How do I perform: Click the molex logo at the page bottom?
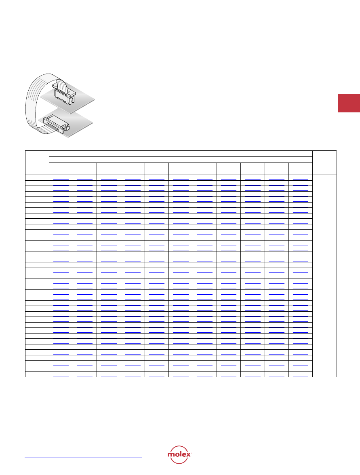179,454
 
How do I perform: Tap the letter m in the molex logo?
171,454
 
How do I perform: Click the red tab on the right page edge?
349,103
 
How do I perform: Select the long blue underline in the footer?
83,458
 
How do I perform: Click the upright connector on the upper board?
64,92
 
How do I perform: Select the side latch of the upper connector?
72,100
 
